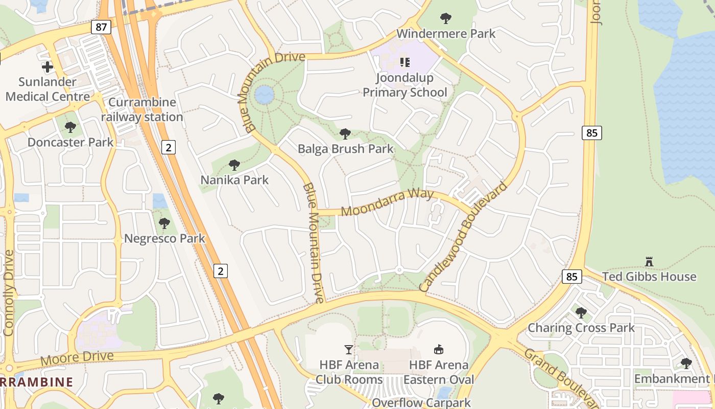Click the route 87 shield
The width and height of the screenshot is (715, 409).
click(101, 27)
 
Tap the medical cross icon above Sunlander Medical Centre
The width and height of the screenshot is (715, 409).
click(47, 67)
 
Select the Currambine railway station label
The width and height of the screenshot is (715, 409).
click(142, 109)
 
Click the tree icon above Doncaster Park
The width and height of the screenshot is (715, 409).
click(70, 127)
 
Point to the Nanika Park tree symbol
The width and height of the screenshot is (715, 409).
click(234, 165)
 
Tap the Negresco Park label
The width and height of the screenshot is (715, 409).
click(165, 238)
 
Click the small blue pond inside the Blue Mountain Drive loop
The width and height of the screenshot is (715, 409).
click(264, 95)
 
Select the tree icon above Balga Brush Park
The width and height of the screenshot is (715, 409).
click(345, 134)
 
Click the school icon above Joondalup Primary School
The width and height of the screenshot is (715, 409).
click(405, 62)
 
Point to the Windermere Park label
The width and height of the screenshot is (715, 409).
click(446, 34)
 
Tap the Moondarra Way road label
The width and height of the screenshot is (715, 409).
click(387, 202)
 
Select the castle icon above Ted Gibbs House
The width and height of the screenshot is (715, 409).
click(649, 262)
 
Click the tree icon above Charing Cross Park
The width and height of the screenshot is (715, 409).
click(581, 312)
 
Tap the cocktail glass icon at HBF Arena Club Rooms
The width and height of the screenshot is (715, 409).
click(349, 350)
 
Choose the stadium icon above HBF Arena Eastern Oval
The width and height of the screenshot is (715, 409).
click(438, 350)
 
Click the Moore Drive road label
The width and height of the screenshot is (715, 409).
click(77, 358)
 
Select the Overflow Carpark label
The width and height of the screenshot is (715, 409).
click(421, 402)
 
